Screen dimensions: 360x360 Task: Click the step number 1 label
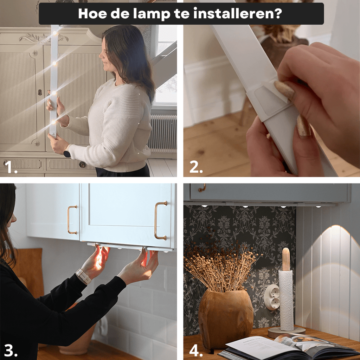[11, 168]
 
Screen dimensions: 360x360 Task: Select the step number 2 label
[196, 168]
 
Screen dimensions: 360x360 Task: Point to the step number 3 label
[11, 351]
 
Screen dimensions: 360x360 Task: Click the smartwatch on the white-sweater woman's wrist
[67, 153]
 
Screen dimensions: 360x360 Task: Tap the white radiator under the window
[162, 133]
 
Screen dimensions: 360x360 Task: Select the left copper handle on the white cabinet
[72, 220]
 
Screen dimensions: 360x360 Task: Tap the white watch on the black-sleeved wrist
[84, 276]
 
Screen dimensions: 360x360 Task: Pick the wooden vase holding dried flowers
[226, 319]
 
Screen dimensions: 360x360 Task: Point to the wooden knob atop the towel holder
[286, 259]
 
